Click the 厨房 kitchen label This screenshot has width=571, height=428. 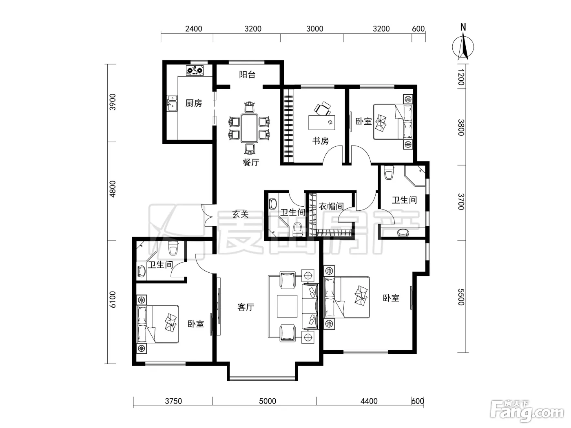click(194, 103)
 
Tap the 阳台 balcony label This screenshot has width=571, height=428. click(247, 75)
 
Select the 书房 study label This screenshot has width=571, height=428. click(321, 141)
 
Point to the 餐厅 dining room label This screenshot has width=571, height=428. click(251, 162)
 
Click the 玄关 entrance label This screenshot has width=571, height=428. click(240, 214)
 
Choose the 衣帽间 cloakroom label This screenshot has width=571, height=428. click(331, 206)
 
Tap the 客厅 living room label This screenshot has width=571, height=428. click(246, 307)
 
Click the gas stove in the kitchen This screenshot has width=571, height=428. click(195, 71)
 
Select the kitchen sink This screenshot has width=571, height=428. click(172, 103)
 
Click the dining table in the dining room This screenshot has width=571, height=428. click(250, 128)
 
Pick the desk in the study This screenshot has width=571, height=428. click(321, 122)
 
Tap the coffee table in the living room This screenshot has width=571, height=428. click(287, 306)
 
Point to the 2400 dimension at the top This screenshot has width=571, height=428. click(194, 29)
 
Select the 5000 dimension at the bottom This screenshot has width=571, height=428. click(268, 401)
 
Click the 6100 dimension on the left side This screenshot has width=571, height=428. click(113, 299)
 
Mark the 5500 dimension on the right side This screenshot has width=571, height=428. click(461, 297)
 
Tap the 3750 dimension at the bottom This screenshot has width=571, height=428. click(173, 401)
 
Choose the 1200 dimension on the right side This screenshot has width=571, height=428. click(461, 77)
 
